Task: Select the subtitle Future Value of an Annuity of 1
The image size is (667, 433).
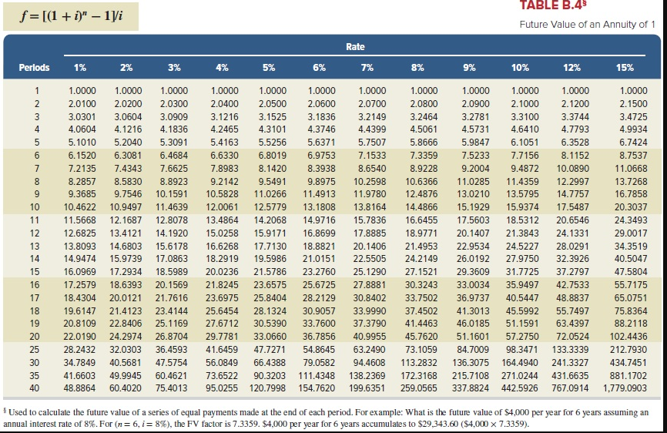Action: coord(587,25)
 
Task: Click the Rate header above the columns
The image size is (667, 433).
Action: coord(355,47)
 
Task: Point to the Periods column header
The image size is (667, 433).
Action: coord(35,68)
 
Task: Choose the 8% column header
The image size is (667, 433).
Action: coord(419,68)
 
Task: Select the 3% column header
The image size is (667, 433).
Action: coord(175,68)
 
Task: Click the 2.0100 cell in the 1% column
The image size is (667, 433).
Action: coord(82,103)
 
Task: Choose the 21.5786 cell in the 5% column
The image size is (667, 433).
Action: coord(269,272)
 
